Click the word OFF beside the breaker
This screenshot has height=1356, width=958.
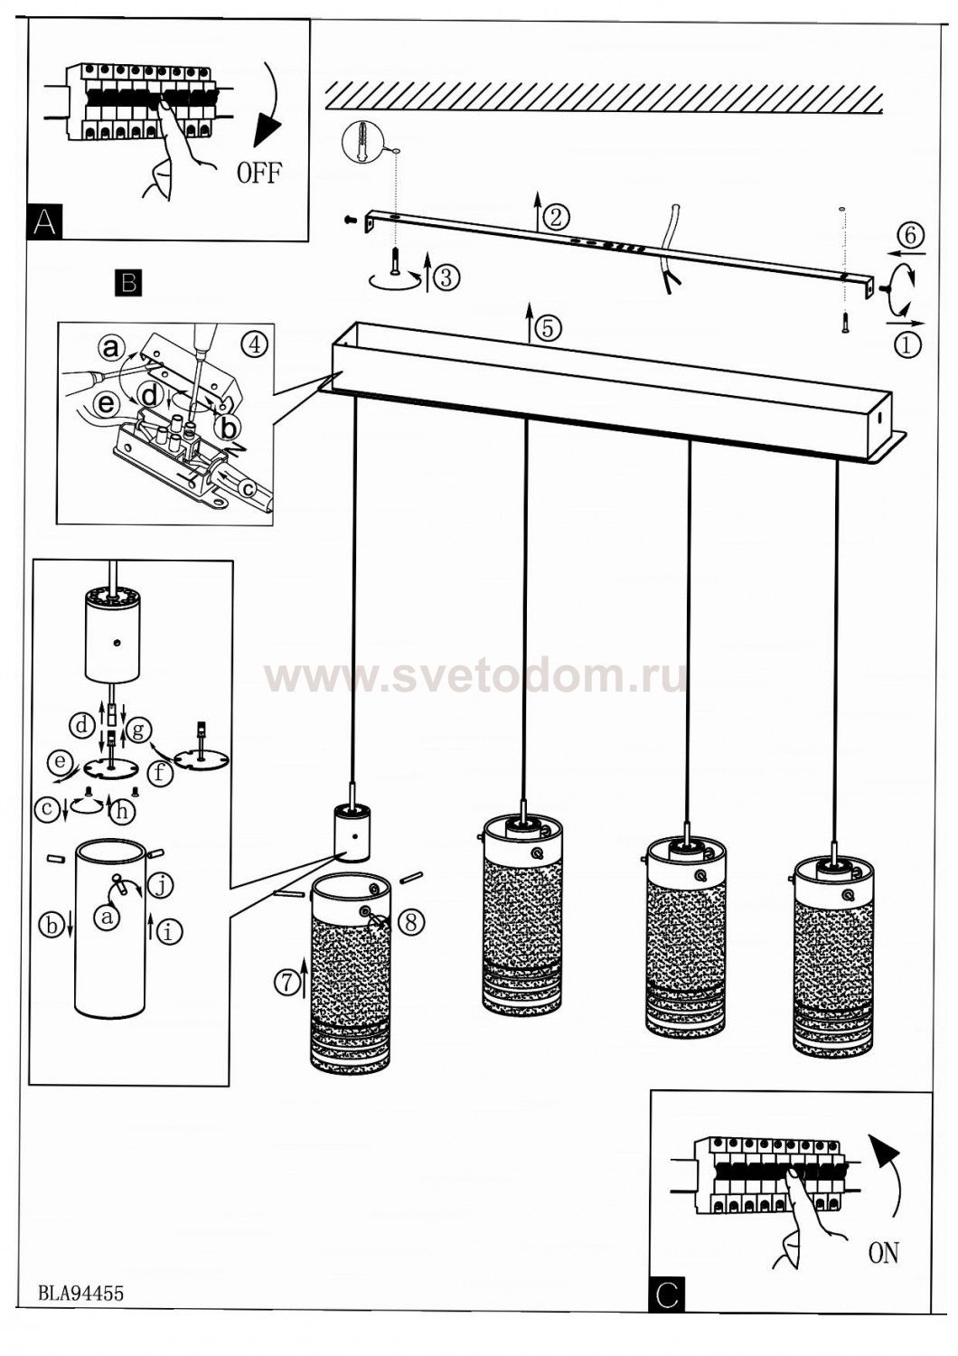click(x=259, y=172)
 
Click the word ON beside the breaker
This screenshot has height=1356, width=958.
click(x=883, y=1253)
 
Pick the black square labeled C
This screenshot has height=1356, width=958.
click(x=667, y=1295)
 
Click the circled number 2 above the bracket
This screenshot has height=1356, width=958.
click(x=558, y=216)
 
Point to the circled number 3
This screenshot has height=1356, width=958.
click(x=445, y=278)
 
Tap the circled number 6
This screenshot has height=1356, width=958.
click(x=909, y=235)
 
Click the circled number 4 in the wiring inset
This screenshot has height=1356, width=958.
click(x=256, y=344)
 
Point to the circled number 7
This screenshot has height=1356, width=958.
click(x=287, y=981)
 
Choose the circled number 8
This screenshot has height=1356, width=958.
click(x=410, y=921)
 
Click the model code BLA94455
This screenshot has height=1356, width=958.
click(x=80, y=1294)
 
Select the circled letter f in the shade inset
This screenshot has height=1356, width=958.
click(x=160, y=773)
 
